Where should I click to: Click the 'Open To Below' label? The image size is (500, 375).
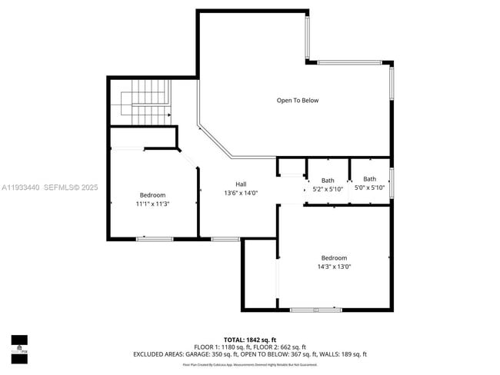[298, 101]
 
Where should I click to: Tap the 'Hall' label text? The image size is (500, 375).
[241, 184]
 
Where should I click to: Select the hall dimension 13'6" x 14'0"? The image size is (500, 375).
[241, 193]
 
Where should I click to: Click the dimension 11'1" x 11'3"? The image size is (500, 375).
[152, 204]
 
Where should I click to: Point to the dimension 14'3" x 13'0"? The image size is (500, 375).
[334, 267]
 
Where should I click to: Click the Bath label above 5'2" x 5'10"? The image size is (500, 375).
[328, 180]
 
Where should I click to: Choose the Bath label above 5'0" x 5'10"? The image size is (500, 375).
[370, 179]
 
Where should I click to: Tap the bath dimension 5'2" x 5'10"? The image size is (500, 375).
[328, 188]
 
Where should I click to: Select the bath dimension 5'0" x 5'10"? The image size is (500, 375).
[370, 187]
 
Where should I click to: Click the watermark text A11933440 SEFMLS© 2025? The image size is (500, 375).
[50, 187]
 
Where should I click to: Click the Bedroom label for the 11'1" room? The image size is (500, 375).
[152, 195]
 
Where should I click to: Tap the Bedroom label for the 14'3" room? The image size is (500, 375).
[334, 258]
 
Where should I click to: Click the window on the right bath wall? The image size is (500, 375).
[392, 182]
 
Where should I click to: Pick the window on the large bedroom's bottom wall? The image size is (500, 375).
[316, 310]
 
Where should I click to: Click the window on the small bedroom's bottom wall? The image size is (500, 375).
[154, 239]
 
